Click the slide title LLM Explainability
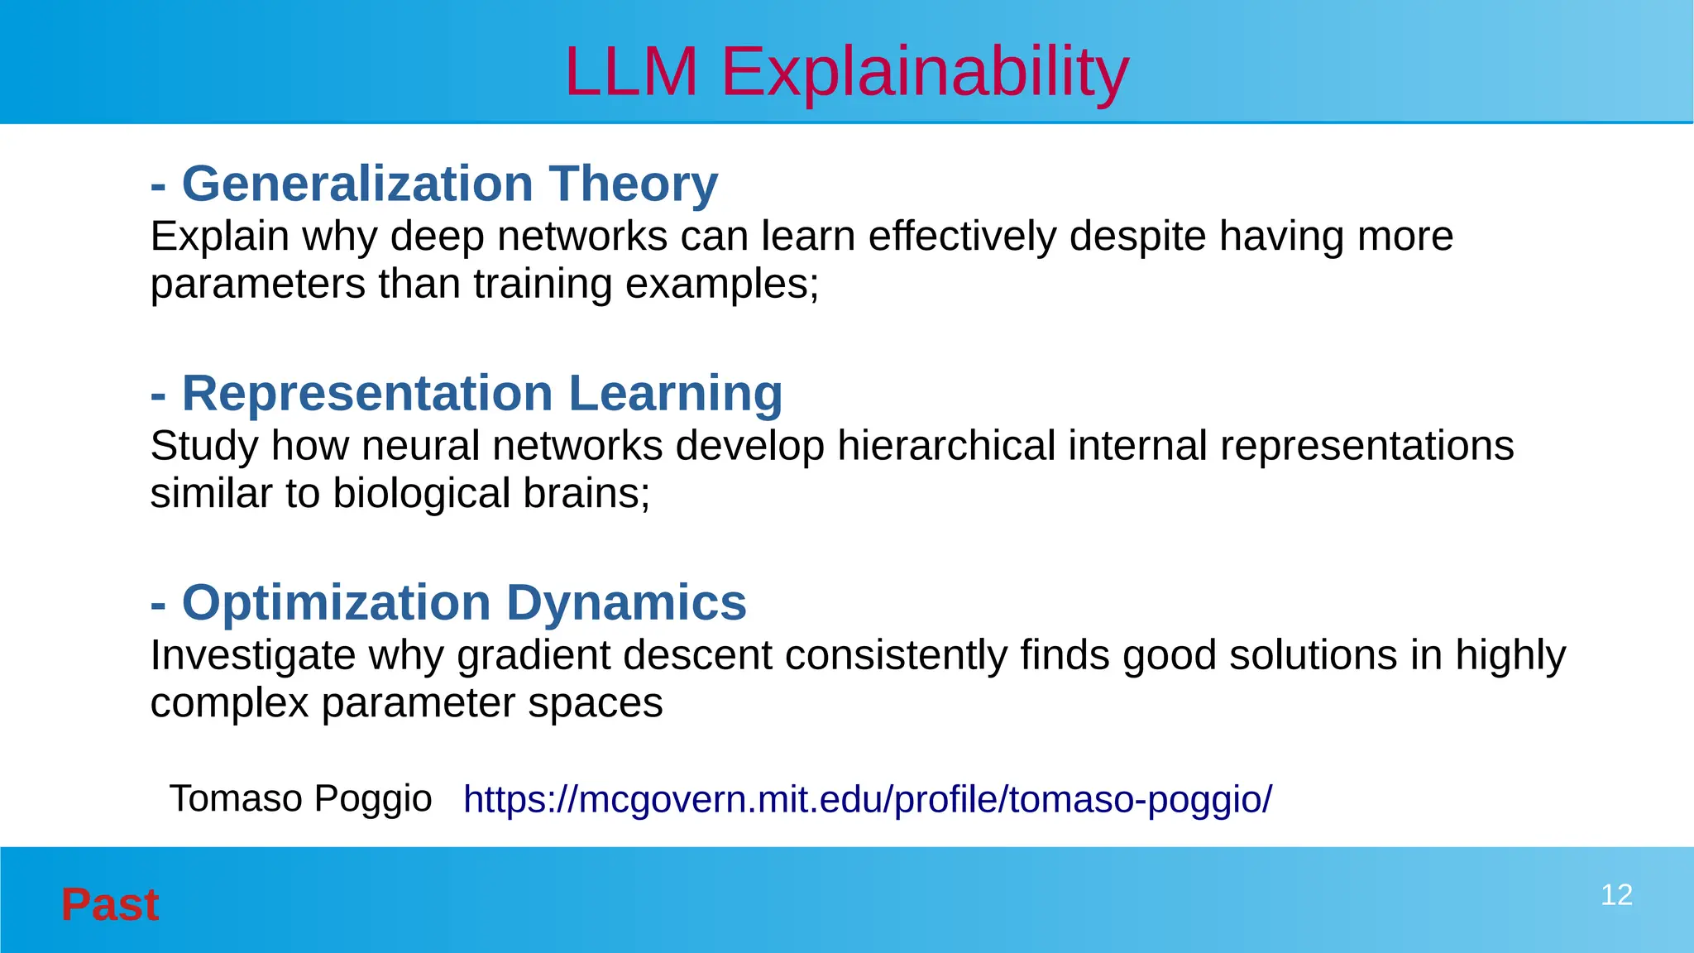coord(846,72)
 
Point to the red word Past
coord(109,904)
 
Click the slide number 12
coord(1616,895)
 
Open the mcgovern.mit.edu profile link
coord(867,800)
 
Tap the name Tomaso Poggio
coord(300,799)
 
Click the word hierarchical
coord(945,446)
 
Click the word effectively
coord(962,237)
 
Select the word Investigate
coord(252,656)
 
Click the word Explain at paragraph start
coord(219,237)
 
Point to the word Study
coord(203,446)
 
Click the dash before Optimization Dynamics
coord(158,604)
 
